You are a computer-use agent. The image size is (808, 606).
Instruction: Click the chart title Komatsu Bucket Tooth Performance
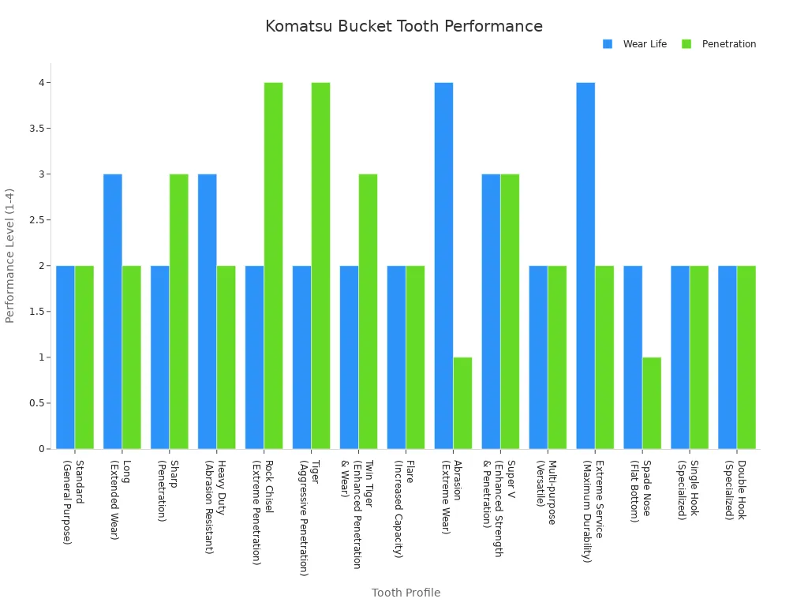403,27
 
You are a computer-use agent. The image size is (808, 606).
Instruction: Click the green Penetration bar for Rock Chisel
273,265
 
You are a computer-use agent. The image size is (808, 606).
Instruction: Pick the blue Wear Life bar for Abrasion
443,265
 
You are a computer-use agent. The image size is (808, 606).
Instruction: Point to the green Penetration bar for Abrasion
462,402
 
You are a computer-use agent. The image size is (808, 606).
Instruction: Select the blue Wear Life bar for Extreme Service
585,265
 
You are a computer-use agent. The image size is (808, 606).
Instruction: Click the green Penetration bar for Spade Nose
652,402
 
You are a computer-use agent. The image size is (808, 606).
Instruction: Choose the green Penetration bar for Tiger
320,265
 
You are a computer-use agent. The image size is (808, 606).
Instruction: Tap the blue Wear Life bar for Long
113,311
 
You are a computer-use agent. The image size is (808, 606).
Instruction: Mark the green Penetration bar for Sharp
179,311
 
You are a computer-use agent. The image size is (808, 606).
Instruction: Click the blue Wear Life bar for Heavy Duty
208,311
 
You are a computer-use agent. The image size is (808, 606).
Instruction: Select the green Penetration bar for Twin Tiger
368,311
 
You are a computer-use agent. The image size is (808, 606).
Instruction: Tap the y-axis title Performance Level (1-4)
10,256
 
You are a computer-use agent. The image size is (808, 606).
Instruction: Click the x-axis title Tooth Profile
406,593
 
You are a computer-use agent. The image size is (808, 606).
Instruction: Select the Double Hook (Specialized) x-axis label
735,490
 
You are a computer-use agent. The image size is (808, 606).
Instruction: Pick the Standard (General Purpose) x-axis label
73,502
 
